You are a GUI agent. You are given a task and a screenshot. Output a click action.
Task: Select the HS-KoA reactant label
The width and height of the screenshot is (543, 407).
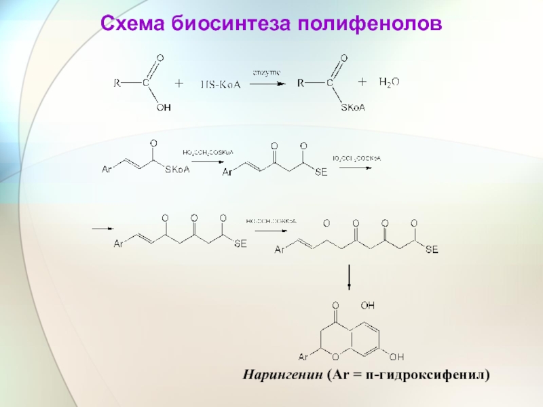[x=220, y=85]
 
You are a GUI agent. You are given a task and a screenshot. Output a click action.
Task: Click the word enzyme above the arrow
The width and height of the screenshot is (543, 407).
[x=267, y=71]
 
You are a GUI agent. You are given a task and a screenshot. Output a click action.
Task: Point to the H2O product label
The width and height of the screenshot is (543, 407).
[x=389, y=82]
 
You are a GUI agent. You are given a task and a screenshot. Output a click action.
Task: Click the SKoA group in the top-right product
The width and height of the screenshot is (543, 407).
[x=355, y=107]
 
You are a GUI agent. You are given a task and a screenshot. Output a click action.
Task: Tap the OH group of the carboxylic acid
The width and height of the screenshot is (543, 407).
[x=164, y=106]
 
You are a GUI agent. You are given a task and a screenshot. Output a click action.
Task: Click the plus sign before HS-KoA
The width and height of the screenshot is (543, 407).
[x=179, y=83]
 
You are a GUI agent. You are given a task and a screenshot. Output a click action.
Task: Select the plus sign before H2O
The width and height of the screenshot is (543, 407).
[x=362, y=82]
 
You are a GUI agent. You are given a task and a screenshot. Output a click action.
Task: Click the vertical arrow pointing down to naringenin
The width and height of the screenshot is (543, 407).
[x=349, y=279]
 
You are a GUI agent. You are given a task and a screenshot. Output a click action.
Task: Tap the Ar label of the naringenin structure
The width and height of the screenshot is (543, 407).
[x=305, y=357]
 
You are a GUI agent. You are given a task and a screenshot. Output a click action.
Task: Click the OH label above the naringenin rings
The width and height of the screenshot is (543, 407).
[x=367, y=305]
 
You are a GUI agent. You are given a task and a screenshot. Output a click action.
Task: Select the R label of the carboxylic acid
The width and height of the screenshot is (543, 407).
[x=116, y=84]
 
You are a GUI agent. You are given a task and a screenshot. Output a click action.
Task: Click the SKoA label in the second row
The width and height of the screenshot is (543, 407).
[x=178, y=170]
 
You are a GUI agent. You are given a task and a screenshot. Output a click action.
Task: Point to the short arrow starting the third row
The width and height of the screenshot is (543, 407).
[x=101, y=229]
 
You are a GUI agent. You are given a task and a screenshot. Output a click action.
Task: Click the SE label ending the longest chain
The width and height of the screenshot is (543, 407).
[x=432, y=250]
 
